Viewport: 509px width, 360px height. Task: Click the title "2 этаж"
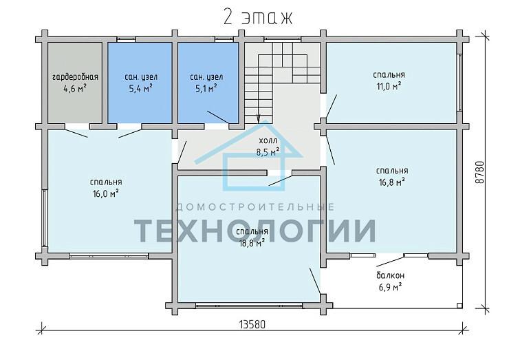point(258,17)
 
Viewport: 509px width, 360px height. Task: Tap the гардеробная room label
point(75,77)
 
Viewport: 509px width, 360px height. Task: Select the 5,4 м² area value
point(141,88)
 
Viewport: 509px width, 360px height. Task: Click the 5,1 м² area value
point(206,88)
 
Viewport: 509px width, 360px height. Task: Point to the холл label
point(268,140)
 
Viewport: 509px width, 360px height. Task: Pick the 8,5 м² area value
point(268,151)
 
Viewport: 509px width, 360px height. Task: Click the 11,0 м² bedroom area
point(389,87)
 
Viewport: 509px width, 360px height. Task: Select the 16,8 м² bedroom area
point(392,182)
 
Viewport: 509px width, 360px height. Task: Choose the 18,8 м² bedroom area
point(252,243)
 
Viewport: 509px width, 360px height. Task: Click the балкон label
point(391,275)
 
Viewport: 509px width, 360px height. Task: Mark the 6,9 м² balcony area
point(391,287)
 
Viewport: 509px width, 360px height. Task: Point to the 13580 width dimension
point(252,324)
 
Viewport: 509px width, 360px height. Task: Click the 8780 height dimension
point(479,172)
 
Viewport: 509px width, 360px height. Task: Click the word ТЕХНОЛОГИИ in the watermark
point(254,231)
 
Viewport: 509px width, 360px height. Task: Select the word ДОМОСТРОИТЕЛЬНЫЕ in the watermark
point(254,207)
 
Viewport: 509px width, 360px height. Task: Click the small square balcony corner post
point(459,306)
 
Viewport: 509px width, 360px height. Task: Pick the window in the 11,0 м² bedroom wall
point(459,82)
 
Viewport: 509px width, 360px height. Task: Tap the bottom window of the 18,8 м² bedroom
point(249,305)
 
